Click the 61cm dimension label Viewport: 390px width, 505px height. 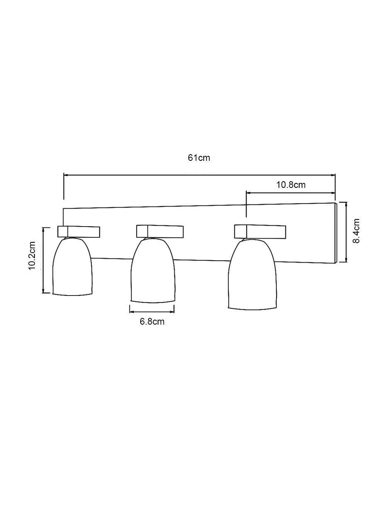[199, 158]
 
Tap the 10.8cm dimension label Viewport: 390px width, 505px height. [291, 185]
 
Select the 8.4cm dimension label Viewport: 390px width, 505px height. [356, 231]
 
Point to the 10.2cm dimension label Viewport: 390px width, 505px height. [32, 256]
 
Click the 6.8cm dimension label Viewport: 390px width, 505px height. [152, 322]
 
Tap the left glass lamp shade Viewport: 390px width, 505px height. [73, 266]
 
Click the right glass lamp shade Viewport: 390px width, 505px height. [253, 274]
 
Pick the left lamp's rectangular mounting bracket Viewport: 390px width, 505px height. [78, 232]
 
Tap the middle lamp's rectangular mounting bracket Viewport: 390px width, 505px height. [160, 231]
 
